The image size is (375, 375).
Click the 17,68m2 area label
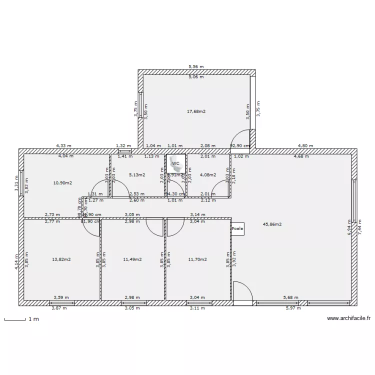[196, 111]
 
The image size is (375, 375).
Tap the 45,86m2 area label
[272, 225]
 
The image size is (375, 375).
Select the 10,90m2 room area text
[62, 183]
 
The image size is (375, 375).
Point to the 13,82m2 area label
[61, 259]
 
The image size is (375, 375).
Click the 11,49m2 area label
[132, 259]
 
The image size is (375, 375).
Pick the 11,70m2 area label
[197, 259]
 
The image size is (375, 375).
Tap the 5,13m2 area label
[137, 175]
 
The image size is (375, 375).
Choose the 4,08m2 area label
[208, 175]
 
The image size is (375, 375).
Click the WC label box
[175, 163]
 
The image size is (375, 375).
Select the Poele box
[237, 228]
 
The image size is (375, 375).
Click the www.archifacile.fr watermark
[348, 318]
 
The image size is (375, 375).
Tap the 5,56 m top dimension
[196, 66]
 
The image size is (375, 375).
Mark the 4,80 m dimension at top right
[305, 146]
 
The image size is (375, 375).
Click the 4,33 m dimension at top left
[63, 146]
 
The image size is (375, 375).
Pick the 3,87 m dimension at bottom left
[59, 308]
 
